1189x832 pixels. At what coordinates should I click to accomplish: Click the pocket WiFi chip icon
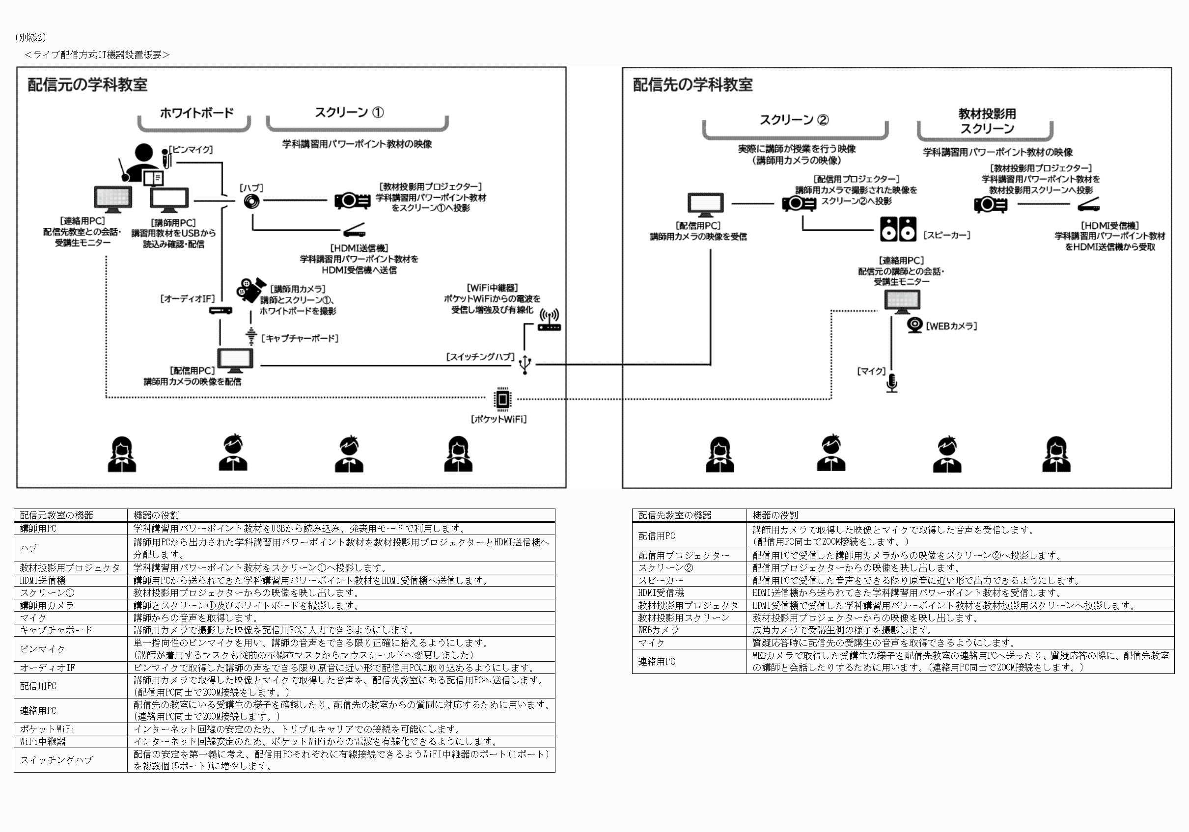502,399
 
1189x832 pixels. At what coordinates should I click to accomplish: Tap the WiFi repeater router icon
550,321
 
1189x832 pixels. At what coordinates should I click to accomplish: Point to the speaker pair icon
898,229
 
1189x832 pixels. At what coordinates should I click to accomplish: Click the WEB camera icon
914,325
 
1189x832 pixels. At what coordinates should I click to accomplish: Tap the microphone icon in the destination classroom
891,383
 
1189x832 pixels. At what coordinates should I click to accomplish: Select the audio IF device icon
221,311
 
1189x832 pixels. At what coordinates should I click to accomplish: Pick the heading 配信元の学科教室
87,84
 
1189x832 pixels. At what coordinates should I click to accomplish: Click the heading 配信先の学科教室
692,84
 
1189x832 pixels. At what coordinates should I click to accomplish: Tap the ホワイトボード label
196,112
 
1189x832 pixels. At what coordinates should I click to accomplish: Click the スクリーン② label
794,120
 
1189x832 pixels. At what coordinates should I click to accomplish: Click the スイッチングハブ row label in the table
56,759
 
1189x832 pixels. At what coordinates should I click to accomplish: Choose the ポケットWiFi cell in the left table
47,728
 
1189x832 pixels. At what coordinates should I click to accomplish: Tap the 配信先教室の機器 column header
674,515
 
